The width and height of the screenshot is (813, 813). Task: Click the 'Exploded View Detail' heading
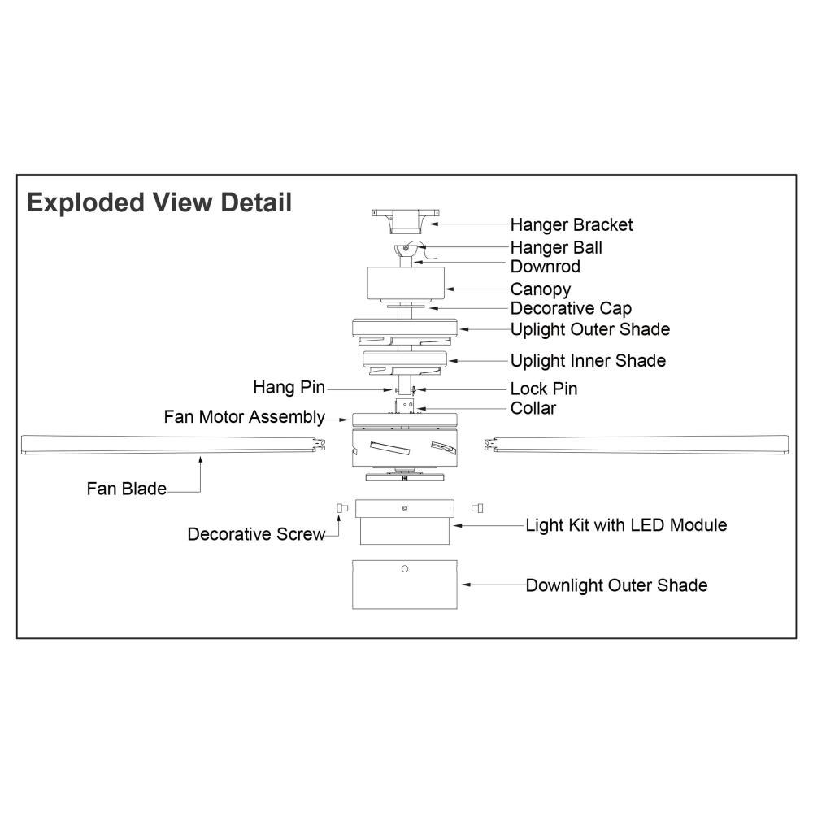(x=159, y=202)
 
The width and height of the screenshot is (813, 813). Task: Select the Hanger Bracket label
(x=571, y=224)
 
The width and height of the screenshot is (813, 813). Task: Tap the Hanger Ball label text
(x=556, y=247)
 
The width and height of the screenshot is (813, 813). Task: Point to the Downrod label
(x=545, y=267)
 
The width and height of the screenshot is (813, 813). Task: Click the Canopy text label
(x=541, y=289)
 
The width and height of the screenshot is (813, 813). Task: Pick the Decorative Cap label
(x=571, y=309)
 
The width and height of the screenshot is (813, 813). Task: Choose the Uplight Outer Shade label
(x=590, y=329)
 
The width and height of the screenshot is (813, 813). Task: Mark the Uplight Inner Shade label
(x=588, y=361)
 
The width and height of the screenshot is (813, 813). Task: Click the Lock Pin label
(x=544, y=389)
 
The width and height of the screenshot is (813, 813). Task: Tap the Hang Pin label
(x=289, y=387)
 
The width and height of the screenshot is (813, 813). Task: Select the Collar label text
(x=533, y=408)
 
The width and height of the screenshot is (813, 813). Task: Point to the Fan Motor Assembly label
(x=244, y=417)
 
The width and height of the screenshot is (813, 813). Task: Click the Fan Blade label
(x=126, y=489)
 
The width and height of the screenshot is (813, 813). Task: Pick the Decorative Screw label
(x=256, y=534)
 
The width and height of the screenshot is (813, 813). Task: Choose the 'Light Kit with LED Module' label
(x=626, y=525)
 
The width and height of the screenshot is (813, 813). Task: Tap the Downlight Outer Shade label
(x=616, y=585)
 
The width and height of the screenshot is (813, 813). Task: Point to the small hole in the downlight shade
(x=405, y=568)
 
